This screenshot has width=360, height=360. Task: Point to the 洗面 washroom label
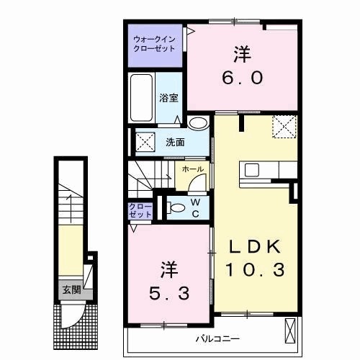(x=174, y=142)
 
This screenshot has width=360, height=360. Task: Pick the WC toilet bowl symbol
(x=172, y=208)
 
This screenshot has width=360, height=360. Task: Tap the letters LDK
(x=253, y=247)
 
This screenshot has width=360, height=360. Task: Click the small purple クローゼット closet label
(x=140, y=210)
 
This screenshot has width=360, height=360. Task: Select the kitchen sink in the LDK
(x=252, y=171)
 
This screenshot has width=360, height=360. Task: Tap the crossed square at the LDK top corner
(x=284, y=127)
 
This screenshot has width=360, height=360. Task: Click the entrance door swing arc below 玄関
(x=71, y=315)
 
